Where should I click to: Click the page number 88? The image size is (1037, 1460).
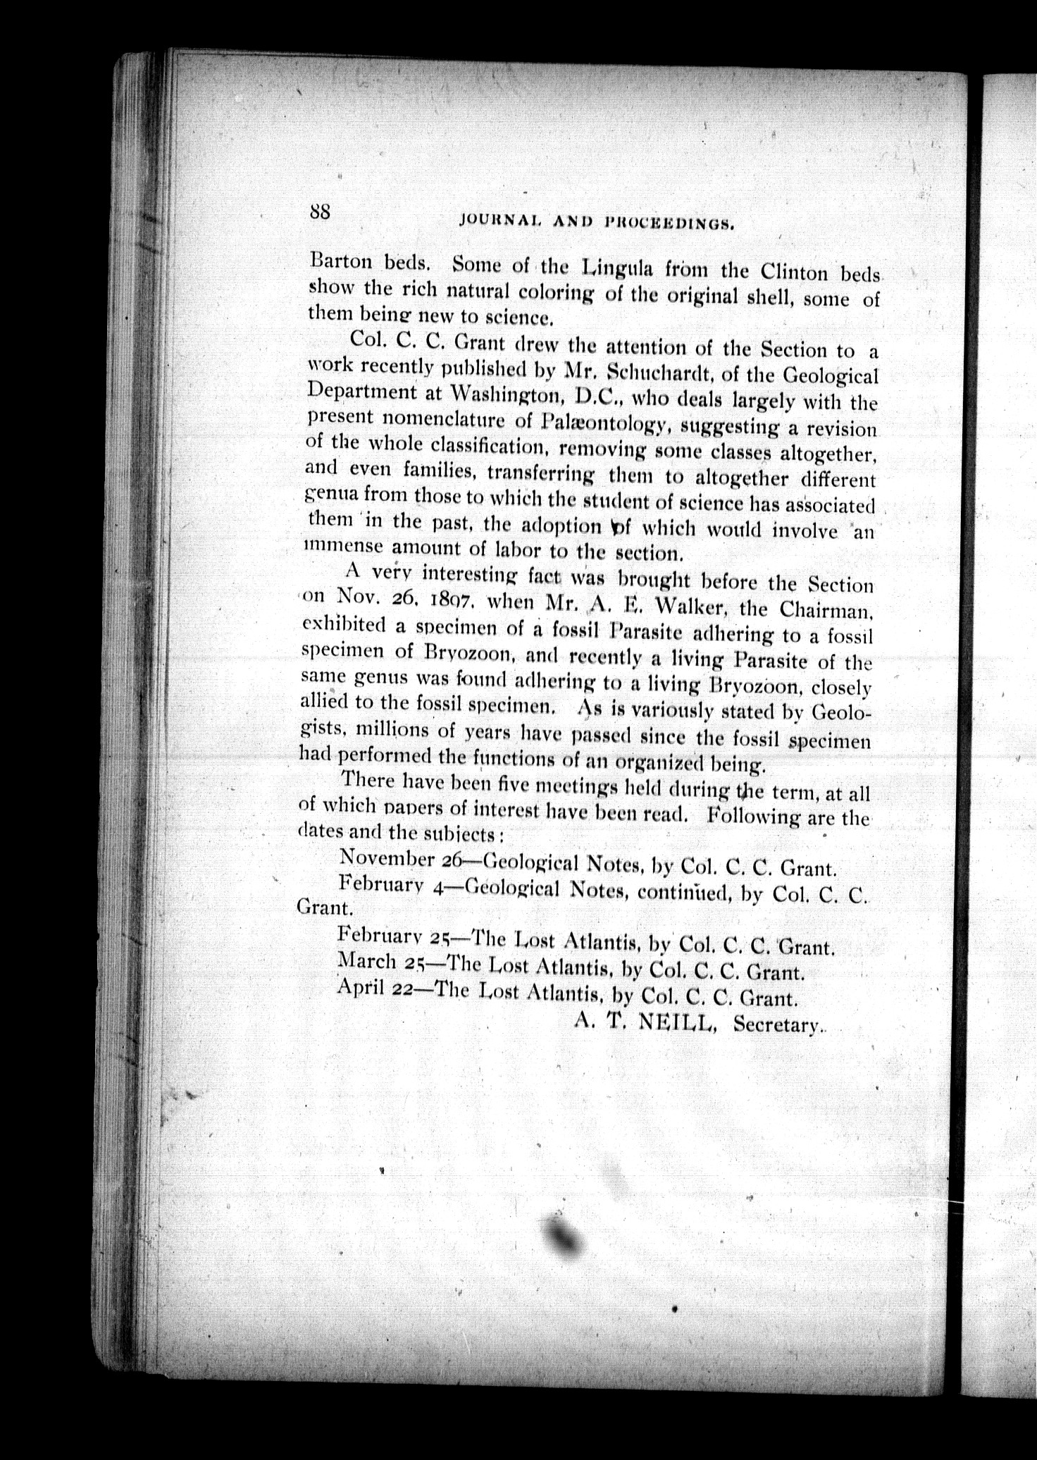tap(319, 211)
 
